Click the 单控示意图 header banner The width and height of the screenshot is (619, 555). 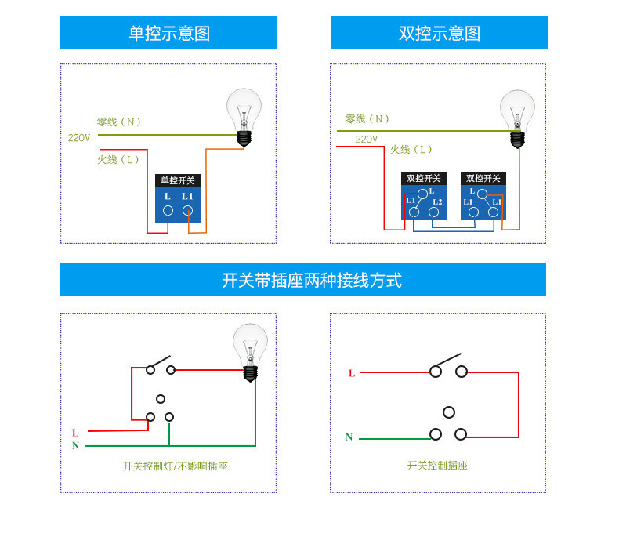168,33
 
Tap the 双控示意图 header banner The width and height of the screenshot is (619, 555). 439,33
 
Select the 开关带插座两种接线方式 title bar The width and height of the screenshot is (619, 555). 303,280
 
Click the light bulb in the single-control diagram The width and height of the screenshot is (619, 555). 244,116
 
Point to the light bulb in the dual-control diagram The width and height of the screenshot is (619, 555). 517,118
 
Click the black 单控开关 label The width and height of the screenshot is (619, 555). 178,180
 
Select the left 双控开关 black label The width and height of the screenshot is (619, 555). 424,178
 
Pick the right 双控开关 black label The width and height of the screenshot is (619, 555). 483,178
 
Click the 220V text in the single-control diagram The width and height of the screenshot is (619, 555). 79,138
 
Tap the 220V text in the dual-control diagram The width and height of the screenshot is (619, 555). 367,140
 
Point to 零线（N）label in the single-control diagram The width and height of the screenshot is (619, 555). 119,122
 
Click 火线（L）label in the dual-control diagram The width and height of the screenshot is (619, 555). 412,150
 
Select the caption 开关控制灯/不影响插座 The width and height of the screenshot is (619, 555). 175,466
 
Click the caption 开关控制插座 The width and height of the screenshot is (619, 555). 437,466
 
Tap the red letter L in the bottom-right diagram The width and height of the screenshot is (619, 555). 352,373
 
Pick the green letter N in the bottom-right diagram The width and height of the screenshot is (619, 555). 349,437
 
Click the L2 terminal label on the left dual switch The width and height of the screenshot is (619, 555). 437,202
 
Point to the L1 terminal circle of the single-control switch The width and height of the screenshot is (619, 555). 188,211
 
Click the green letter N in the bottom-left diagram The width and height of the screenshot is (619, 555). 75,446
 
